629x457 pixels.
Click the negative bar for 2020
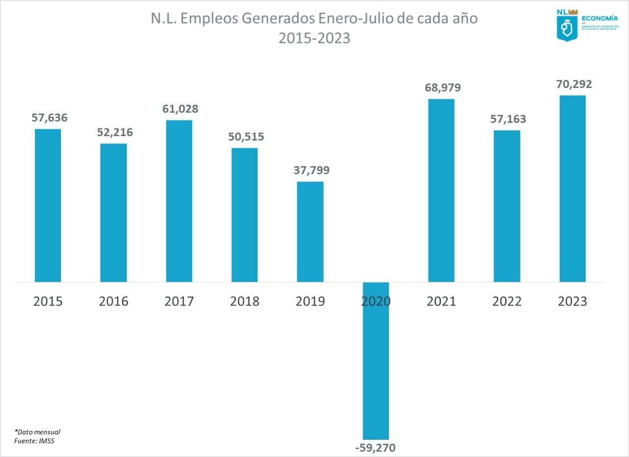pos(376,361)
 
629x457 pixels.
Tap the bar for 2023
pos(572,189)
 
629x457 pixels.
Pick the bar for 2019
pos(310,232)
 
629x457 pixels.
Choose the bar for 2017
pos(179,201)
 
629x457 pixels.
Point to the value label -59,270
pos(376,448)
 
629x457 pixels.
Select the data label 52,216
pos(114,132)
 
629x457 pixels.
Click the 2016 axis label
pos(114,301)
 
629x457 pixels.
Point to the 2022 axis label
pos(507,301)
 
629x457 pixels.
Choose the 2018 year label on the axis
pos(245,301)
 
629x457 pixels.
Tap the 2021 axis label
pos(441,301)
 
